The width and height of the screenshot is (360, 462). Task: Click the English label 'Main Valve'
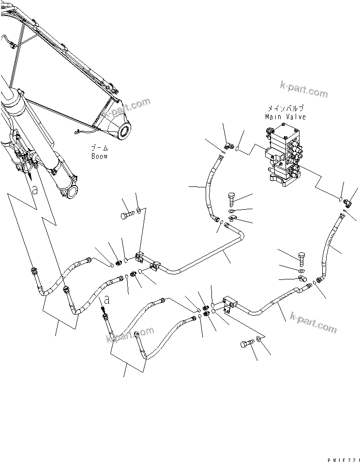[285, 117]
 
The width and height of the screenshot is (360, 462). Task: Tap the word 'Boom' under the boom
[99, 156]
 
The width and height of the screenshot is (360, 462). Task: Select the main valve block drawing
[285, 155]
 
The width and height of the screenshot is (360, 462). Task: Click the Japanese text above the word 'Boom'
[100, 148]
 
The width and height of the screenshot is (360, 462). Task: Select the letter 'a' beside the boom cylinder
[34, 190]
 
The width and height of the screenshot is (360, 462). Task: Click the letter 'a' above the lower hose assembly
[107, 300]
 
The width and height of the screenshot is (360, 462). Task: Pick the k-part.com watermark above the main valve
[303, 90]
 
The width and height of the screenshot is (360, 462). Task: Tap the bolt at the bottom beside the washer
[246, 345]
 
